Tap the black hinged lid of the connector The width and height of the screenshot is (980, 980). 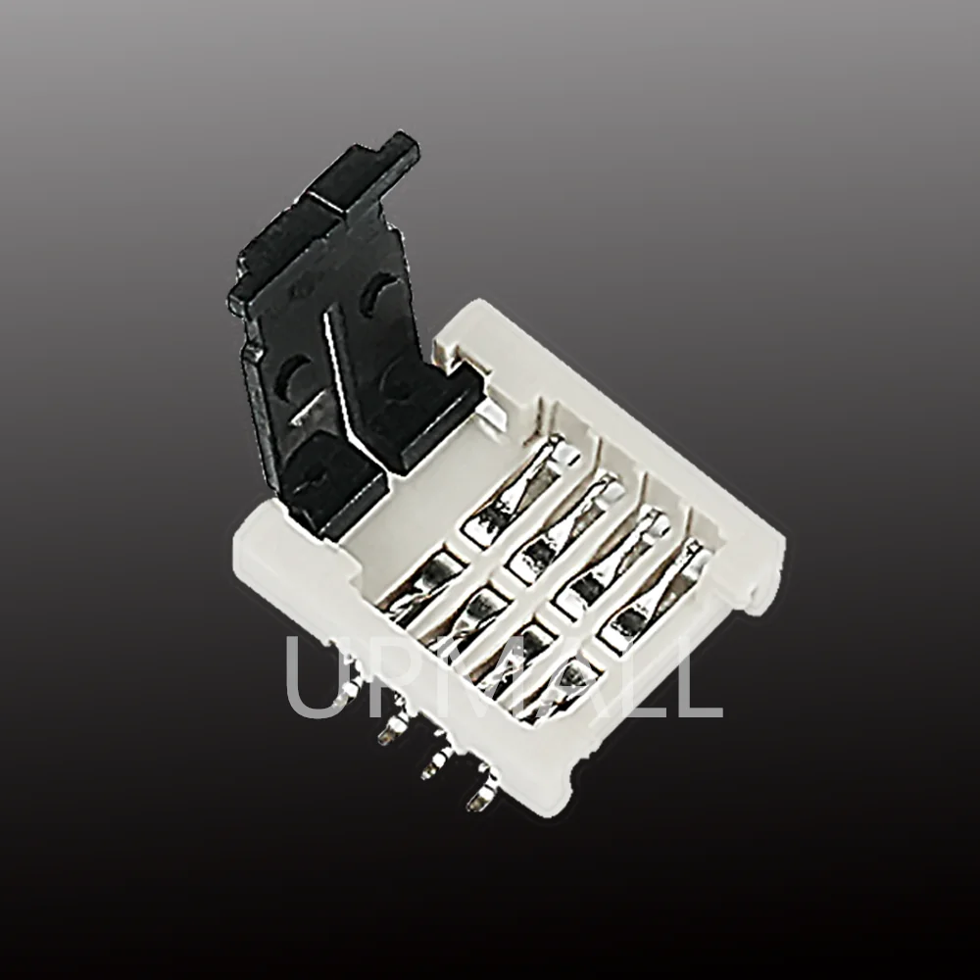[333, 333]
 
